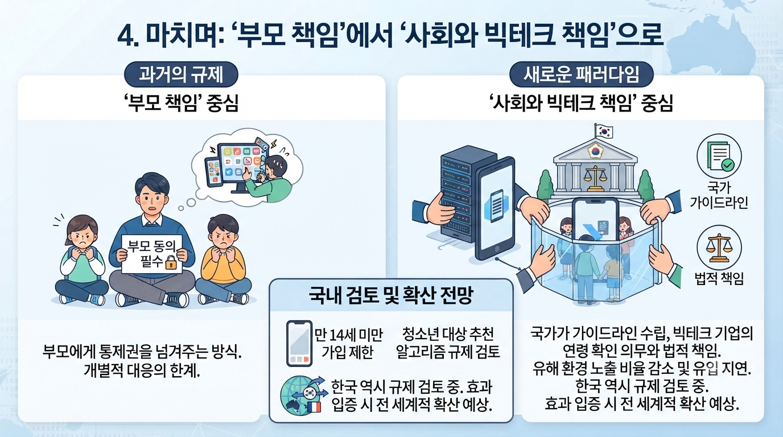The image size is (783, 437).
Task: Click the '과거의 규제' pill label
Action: pos(181,75)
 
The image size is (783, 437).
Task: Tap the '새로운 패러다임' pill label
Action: pos(581,75)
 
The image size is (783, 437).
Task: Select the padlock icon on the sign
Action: pos(171,262)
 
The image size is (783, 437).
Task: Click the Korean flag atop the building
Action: pos(604,131)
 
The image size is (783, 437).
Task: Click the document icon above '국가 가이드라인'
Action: pos(719,156)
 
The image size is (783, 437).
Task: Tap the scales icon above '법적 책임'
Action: pos(719,248)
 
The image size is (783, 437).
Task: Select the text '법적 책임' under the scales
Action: pos(719,278)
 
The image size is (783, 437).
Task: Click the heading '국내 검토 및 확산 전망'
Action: pos(391,295)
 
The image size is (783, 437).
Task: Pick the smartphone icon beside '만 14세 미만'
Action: pos(299,343)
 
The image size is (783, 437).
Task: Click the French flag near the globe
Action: pos(315,407)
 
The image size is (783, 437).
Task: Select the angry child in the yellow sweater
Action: pos(224,259)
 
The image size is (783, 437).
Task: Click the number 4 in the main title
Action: pos(125,36)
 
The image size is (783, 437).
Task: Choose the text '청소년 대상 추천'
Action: pos(448,334)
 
